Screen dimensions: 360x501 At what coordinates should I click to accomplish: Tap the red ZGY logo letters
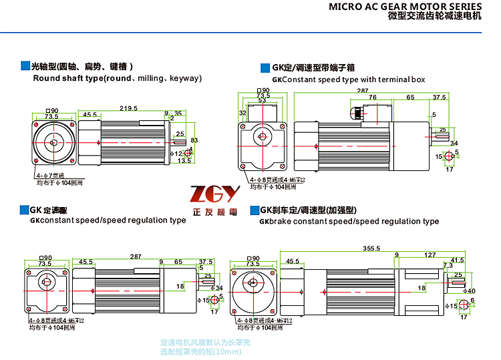tap(214, 195)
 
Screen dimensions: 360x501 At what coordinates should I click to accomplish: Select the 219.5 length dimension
tap(129, 108)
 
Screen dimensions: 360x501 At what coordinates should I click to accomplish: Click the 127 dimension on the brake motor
tap(430, 254)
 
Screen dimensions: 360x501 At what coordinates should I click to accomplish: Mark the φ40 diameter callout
tap(470, 291)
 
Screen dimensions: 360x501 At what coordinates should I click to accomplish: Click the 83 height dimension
tap(194, 140)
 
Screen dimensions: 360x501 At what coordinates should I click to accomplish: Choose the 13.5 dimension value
tap(184, 160)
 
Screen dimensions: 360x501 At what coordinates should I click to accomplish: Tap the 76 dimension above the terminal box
tap(372, 98)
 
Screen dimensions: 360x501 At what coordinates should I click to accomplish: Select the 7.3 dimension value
tap(447, 266)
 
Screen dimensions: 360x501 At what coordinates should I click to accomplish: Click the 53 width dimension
tap(262, 101)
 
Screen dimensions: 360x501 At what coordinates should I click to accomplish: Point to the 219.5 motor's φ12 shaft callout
tap(176, 154)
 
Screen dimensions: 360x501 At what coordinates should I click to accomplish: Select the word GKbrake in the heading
tap(274, 221)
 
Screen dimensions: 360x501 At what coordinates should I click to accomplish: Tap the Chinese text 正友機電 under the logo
tap(214, 211)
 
